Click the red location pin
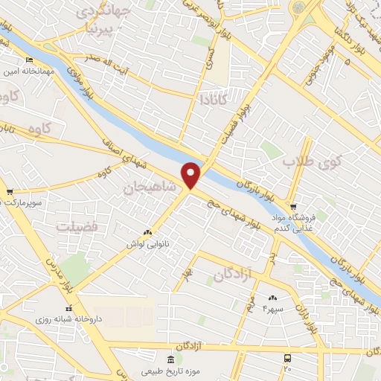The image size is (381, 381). click(192, 175)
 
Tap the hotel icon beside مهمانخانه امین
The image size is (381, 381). click(29, 60)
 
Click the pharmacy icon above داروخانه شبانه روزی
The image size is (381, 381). click(68, 307)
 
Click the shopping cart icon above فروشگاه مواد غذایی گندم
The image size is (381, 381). click(293, 207)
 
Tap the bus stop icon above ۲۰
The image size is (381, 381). click(288, 357)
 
